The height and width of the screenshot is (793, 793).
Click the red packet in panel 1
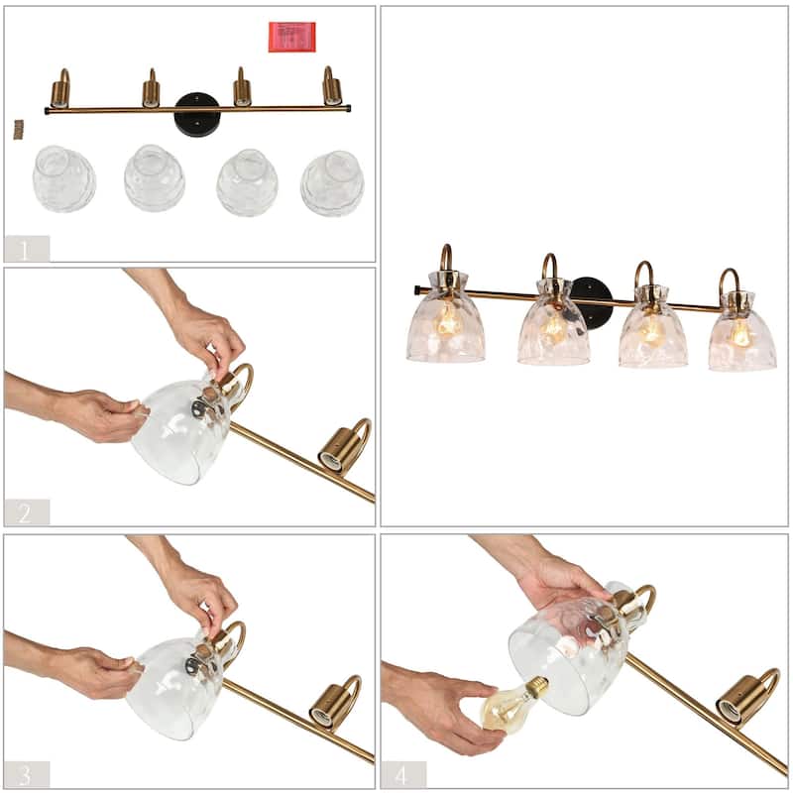(291, 37)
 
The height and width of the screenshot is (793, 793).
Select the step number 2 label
(26, 512)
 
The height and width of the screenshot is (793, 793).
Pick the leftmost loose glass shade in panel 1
(63, 178)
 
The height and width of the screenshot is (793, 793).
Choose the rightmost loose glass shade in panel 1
(332, 183)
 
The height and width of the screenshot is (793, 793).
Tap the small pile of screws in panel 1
(18, 128)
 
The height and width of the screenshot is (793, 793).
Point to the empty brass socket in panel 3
(333, 706)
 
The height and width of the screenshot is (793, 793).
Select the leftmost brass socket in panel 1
(60, 92)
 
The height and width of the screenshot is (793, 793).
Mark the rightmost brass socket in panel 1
(331, 90)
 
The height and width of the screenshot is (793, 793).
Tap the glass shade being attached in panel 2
(180, 431)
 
